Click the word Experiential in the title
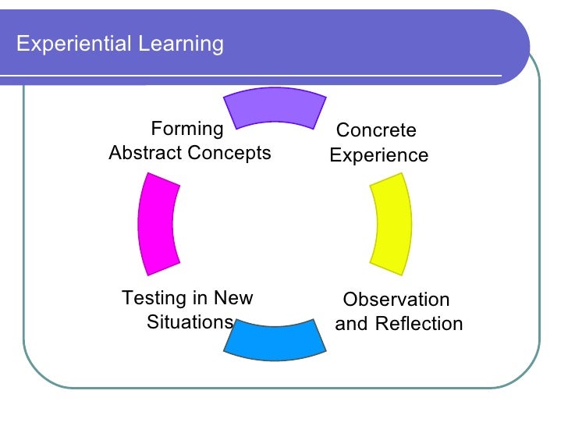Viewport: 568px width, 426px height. [73, 44]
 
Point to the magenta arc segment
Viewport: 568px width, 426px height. [157, 224]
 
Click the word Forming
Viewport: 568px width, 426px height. [187, 129]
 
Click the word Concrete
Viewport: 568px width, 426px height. [375, 130]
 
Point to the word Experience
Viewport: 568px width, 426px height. [378, 155]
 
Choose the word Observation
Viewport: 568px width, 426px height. [396, 300]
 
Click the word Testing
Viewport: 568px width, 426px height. [153, 298]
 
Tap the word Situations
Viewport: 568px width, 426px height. [190, 322]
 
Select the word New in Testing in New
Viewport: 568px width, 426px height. [233, 298]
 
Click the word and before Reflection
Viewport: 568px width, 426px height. [351, 324]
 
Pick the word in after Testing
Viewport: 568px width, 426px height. [199, 298]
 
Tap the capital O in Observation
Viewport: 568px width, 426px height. [350, 300]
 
